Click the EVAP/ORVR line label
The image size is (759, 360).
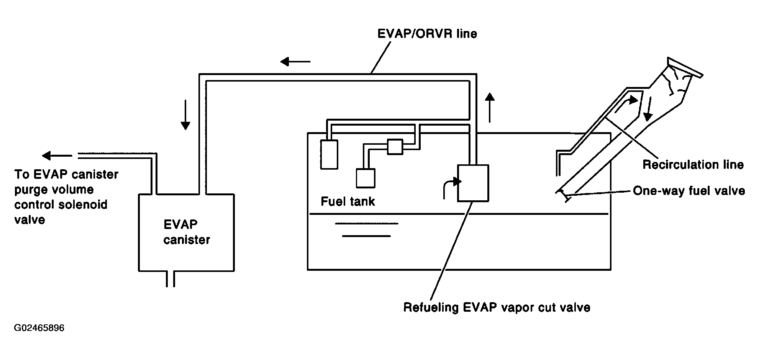tap(427, 34)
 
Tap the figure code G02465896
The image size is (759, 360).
tap(39, 328)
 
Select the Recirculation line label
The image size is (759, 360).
tap(693, 165)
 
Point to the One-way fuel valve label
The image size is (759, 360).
tap(689, 191)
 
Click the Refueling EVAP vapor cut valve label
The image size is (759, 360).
tap(497, 308)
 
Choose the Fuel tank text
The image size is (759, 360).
tap(348, 201)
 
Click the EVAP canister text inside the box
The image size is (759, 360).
tap(187, 232)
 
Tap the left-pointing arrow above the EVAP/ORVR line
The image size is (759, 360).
tap(295, 61)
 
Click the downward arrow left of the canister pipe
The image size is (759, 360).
tap(185, 115)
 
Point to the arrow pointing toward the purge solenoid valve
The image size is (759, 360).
tap(57, 155)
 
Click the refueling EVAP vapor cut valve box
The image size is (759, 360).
tap(473, 183)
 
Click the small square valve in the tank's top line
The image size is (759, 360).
tap(395, 147)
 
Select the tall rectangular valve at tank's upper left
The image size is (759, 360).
tap(330, 154)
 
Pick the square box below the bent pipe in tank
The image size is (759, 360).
tap(366, 178)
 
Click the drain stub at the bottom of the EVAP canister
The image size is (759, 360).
tap(170, 279)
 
